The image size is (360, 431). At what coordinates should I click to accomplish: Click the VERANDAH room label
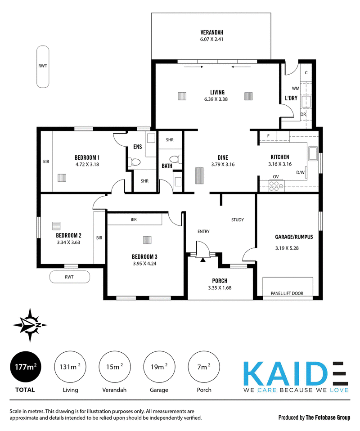[211, 32]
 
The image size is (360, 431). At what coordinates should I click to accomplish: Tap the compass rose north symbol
[30, 325]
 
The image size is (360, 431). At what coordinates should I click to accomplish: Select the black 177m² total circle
[26, 367]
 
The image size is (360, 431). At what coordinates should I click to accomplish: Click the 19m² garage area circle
[159, 367]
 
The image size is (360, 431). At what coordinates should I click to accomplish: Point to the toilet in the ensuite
[135, 162]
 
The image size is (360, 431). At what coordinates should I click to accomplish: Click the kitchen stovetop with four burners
[276, 185]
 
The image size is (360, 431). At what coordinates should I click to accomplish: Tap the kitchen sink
[313, 154]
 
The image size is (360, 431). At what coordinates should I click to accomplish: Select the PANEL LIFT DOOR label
[287, 293]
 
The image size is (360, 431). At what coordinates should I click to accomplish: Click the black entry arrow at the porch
[202, 260]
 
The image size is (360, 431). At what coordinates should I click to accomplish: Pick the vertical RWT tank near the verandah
[43, 67]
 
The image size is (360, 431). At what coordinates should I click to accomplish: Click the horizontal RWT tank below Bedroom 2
[70, 277]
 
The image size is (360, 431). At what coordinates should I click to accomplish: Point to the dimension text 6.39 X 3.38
[216, 99]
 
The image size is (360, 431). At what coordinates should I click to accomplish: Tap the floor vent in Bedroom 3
[147, 240]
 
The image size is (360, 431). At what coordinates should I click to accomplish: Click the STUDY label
[237, 220]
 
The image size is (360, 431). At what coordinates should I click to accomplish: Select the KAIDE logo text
[296, 373]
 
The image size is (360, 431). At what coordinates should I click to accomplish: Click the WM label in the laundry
[296, 89]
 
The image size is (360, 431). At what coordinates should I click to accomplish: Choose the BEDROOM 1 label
[87, 157]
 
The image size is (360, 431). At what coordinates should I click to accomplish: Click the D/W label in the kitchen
[300, 173]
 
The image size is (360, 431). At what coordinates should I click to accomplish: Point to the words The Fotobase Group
[328, 418]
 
